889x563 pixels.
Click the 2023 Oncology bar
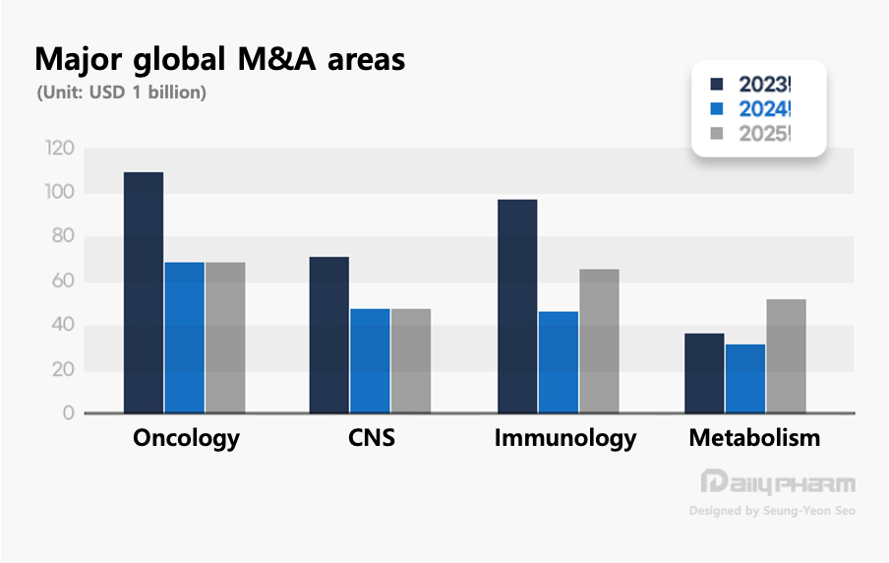pyautogui.click(x=144, y=292)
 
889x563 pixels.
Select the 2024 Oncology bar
pyautogui.click(x=185, y=338)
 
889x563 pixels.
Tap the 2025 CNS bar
pyautogui.click(x=411, y=360)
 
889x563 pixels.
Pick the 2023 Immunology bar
pyautogui.click(x=517, y=306)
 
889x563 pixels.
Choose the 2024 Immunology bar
pyautogui.click(x=559, y=362)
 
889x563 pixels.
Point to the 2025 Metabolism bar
pyautogui.click(x=787, y=355)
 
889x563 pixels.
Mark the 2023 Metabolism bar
pyautogui.click(x=704, y=373)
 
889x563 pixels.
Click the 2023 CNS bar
pyautogui.click(x=329, y=335)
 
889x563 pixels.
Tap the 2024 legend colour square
pyautogui.click(x=716, y=109)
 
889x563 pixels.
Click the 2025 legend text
pyautogui.click(x=765, y=133)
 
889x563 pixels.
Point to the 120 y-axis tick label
pyautogui.click(x=60, y=149)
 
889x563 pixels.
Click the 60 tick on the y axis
pyautogui.click(x=62, y=281)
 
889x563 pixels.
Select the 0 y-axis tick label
pyautogui.click(x=68, y=414)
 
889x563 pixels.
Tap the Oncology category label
pyautogui.click(x=186, y=438)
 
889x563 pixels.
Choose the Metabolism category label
pyautogui.click(x=754, y=438)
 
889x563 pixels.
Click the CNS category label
pyautogui.click(x=372, y=438)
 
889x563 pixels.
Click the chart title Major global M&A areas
pyautogui.click(x=219, y=59)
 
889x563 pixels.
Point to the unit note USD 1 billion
pyautogui.click(x=121, y=94)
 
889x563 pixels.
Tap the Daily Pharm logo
pyautogui.click(x=777, y=483)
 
